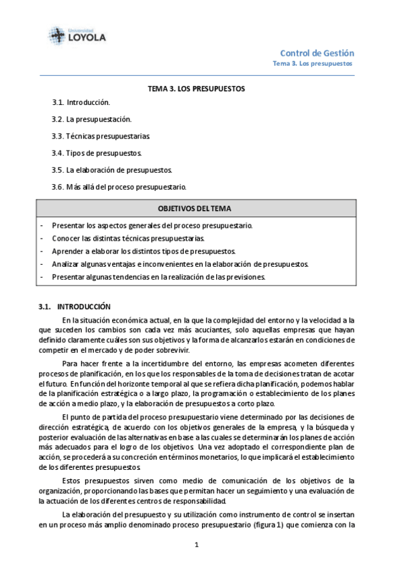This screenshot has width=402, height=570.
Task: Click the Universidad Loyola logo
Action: click(x=77, y=35)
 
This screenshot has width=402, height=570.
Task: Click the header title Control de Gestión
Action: click(x=317, y=53)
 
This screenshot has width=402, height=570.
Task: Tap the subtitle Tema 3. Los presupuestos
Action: click(x=312, y=64)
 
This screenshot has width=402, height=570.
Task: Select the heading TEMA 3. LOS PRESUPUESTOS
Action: click(x=197, y=89)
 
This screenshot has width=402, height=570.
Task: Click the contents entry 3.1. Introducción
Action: click(x=81, y=103)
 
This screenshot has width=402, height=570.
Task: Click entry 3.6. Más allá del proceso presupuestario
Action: click(x=119, y=186)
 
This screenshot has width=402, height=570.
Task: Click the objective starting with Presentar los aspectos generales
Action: click(x=152, y=226)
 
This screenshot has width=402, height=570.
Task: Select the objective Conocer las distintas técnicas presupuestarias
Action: click(x=128, y=239)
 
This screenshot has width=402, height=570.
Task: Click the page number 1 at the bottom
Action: click(x=197, y=545)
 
